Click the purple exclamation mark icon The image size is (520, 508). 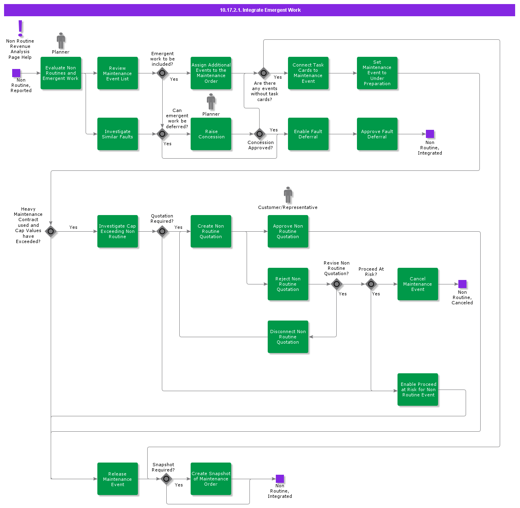(20, 28)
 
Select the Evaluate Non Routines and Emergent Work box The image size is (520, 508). (61, 73)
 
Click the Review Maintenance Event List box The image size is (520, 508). (118, 73)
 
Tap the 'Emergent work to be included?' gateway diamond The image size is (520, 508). (162, 73)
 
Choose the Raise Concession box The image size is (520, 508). (211, 134)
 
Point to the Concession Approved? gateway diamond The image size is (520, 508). (260, 134)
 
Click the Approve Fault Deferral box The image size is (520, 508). (377, 134)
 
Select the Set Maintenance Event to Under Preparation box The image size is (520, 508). (377, 73)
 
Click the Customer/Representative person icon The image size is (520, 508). (288, 195)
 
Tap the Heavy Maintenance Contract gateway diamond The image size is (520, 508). (51, 231)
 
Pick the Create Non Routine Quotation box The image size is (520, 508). (211, 231)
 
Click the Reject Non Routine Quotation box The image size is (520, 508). (288, 284)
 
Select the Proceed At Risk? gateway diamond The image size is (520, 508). (371, 284)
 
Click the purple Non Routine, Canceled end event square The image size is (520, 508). (462, 284)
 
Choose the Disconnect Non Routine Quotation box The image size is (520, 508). (288, 337)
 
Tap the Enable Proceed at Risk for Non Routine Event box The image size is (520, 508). (418, 390)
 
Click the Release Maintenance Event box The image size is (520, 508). (118, 479)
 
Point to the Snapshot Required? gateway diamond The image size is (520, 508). (166, 479)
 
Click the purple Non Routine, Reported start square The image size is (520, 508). (16, 73)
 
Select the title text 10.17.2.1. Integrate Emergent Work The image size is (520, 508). (260, 10)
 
